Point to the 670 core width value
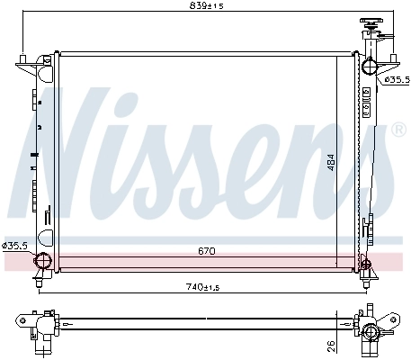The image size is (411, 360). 207,252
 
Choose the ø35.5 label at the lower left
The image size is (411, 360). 15,245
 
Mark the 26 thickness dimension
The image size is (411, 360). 331,344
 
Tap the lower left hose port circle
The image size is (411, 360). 40,262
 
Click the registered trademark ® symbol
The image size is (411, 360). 399,131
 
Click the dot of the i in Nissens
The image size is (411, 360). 155,102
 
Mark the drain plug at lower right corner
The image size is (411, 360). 365,264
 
